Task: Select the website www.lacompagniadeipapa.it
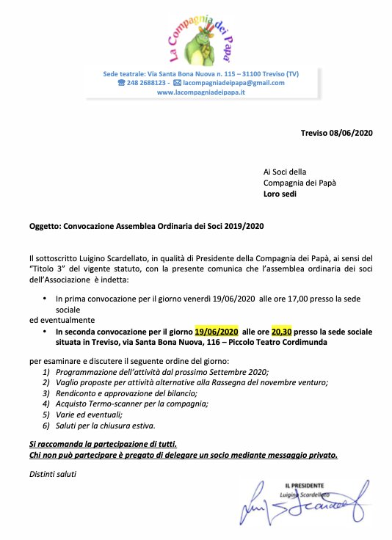pyautogui.click(x=200, y=92)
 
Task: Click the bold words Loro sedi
pyautogui.click(x=280, y=195)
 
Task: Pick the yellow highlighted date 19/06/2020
pyautogui.click(x=217, y=331)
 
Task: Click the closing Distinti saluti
pyautogui.click(x=53, y=473)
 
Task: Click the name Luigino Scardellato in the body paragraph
pyautogui.click(x=109, y=258)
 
